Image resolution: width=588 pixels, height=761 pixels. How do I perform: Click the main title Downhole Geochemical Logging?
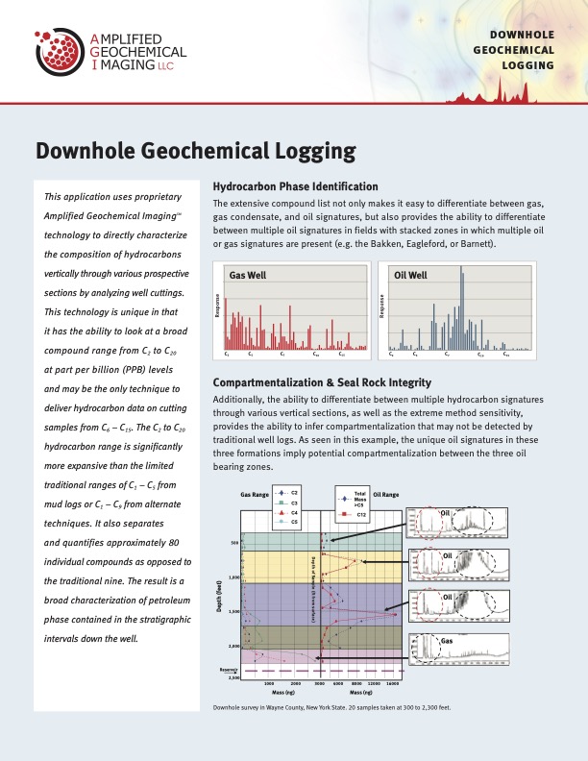tap(196, 150)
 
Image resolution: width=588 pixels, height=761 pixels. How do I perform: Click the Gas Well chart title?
tap(247, 275)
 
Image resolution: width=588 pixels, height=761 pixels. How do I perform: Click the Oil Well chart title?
tap(410, 275)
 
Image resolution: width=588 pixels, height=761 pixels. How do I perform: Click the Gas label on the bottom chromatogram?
tap(447, 639)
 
